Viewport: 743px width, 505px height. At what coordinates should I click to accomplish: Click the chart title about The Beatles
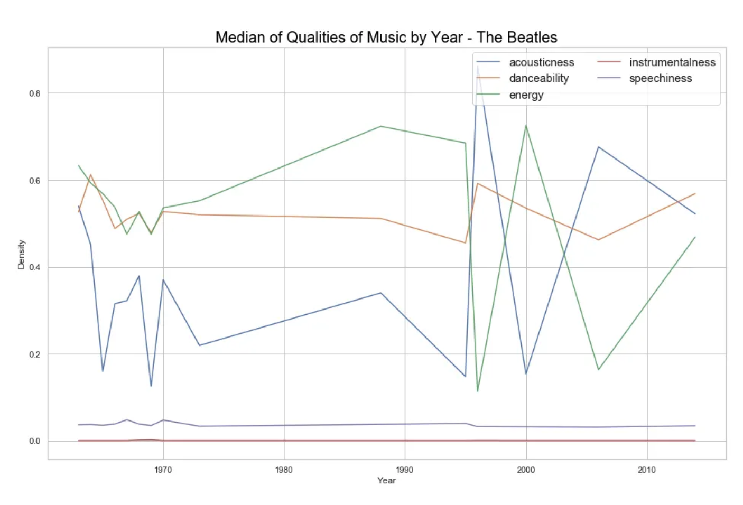coord(386,38)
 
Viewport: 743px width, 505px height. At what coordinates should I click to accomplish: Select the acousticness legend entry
coord(541,62)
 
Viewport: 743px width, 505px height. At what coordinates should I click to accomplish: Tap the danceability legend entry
coord(538,79)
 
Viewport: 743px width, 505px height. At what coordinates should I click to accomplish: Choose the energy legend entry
coord(526,95)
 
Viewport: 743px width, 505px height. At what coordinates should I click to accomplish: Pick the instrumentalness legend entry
coord(672,62)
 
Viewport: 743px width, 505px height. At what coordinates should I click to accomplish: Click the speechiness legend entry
coord(660,79)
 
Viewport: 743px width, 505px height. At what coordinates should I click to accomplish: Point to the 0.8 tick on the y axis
coord(35,93)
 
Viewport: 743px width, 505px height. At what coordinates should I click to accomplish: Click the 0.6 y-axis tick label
coord(35,181)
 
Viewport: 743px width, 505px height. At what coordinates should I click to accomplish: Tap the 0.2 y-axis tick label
coord(35,354)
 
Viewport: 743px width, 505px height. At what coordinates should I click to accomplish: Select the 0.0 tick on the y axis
coord(35,441)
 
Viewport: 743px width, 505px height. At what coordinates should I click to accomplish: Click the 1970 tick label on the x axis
coord(163,470)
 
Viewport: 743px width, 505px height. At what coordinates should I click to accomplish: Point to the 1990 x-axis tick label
coord(405,470)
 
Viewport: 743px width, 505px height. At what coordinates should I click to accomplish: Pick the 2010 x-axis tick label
coord(646,470)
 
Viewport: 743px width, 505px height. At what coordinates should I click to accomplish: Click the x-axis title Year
coord(386,480)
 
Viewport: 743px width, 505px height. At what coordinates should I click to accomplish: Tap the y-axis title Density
coord(22,254)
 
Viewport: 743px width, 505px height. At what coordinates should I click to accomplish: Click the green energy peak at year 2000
coord(526,125)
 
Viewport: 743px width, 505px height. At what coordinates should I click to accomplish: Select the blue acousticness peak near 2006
coord(598,147)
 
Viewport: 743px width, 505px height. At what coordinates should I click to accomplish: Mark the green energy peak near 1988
coord(380,126)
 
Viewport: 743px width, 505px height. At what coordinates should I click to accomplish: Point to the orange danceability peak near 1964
coord(91,175)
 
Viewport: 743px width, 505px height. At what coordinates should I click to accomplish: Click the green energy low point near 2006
coord(598,369)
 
